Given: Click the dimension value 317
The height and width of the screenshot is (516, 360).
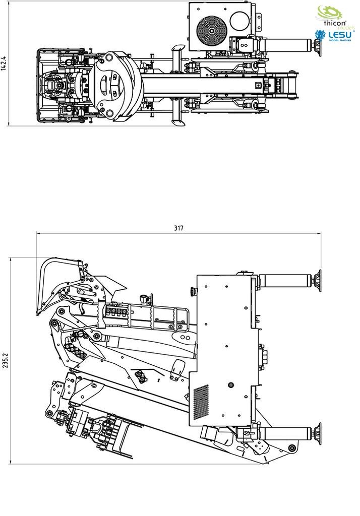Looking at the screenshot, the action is [178, 228].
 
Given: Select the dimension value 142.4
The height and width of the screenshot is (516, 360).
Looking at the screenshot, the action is [4, 63].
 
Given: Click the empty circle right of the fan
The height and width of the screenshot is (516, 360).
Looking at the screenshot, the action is [241, 20].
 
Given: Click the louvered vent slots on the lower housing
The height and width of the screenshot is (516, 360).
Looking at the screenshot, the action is [201, 402].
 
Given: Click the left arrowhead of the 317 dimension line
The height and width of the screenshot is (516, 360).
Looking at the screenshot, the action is [38, 233].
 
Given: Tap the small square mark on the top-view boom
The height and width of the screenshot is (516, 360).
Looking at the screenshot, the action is [258, 85].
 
